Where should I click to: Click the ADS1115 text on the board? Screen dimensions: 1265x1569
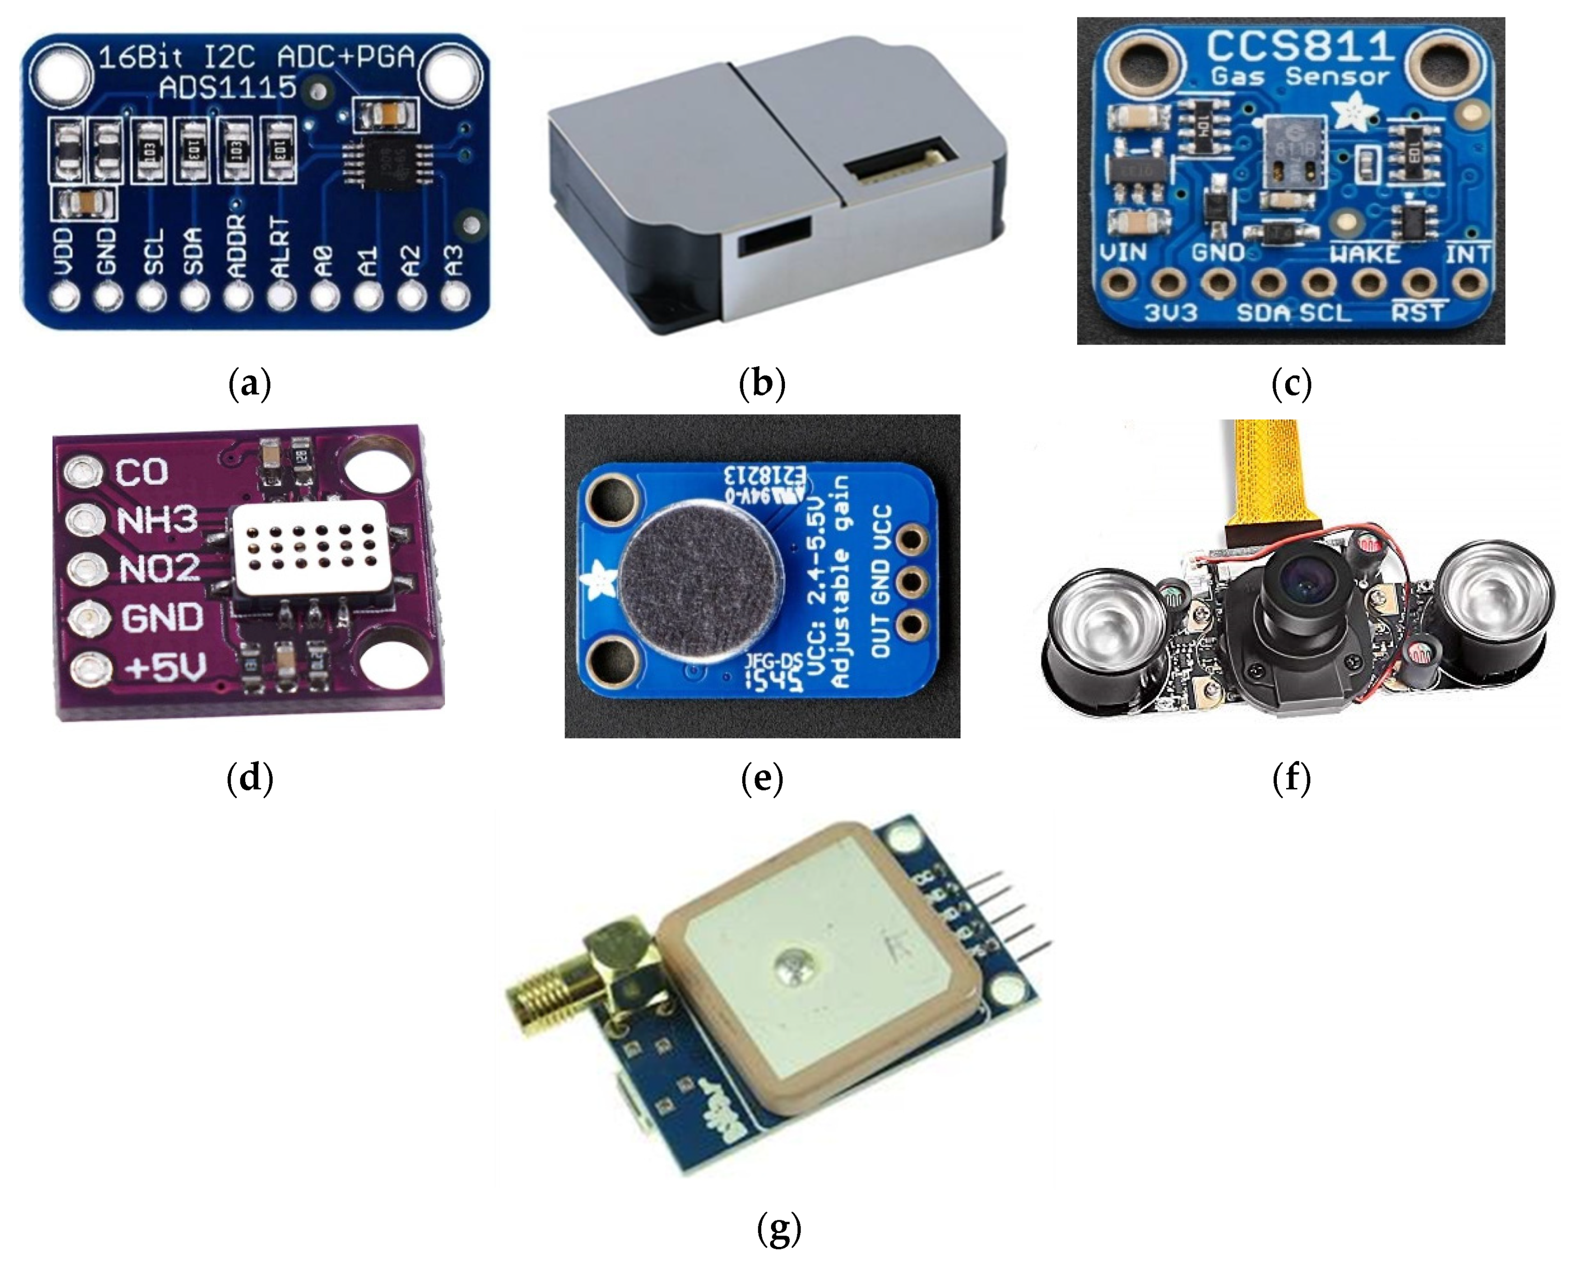(228, 88)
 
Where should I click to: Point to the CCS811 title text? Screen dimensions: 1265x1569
(1301, 46)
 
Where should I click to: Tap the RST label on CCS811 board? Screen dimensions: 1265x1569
(1417, 313)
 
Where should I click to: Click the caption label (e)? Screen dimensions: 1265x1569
(761, 778)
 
